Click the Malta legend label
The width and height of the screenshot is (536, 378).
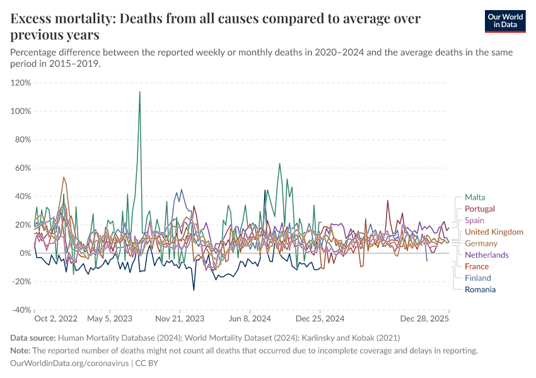coord(474,197)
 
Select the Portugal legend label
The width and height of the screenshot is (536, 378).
coord(479,209)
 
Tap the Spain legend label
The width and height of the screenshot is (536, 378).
coord(474,220)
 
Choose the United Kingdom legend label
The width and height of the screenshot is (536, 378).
coord(494,232)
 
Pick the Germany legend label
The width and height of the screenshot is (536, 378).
coord(481,243)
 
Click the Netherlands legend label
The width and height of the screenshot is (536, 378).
coord(486,255)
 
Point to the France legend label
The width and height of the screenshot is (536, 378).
coord(477,266)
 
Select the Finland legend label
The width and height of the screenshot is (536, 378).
coord(477,278)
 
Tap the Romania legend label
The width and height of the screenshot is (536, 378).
coord(480,289)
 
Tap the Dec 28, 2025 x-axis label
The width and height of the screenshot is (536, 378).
coord(424,319)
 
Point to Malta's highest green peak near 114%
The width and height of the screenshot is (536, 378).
coord(139,92)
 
